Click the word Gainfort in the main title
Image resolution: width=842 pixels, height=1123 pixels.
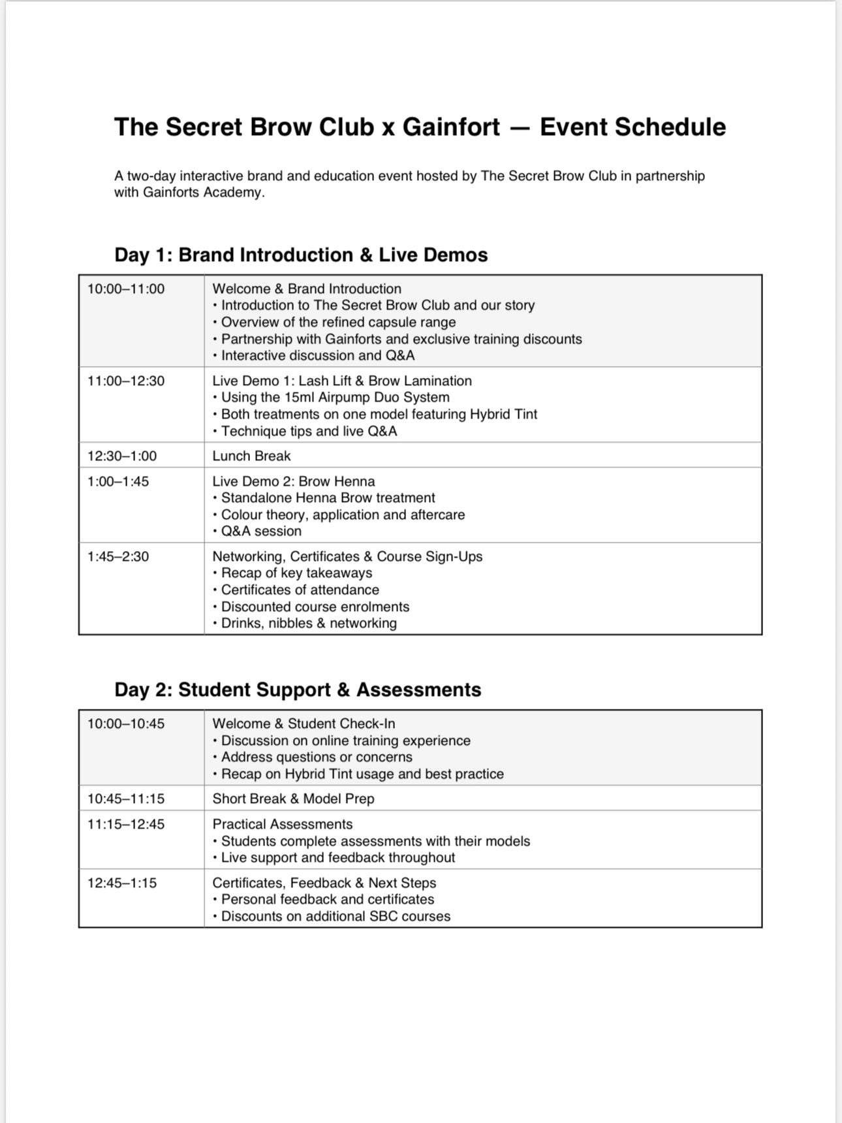pos(451,127)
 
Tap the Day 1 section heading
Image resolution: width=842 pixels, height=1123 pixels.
pos(301,255)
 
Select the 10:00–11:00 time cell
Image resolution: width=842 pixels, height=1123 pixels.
pos(126,289)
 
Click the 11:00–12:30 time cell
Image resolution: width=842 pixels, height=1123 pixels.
pos(126,381)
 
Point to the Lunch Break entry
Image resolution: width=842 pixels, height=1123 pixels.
pos(251,456)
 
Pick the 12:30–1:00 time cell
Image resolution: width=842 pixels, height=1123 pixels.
pos(122,456)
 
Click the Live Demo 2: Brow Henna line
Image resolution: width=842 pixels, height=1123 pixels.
pos(294,481)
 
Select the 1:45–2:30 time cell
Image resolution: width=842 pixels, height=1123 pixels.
pos(118,556)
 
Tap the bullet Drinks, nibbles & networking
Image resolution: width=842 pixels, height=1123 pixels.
pos(308,623)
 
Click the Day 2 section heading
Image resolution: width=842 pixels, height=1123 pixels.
pos(298,689)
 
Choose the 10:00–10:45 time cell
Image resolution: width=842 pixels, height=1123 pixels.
pos(126,723)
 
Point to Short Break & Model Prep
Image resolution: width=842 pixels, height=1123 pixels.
pos(293,799)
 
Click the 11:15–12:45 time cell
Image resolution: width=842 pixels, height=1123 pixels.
pos(126,824)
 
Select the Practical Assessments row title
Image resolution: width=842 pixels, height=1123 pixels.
pos(282,824)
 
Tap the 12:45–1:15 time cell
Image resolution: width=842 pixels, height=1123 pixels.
pos(122,883)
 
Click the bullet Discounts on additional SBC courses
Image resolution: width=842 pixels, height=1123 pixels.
pos(335,916)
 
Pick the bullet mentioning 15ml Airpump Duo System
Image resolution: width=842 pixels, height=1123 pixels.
pos(335,397)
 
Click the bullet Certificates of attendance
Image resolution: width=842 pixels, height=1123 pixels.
pos(300,590)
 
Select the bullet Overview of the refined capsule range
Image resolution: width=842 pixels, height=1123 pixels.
pos(338,322)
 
